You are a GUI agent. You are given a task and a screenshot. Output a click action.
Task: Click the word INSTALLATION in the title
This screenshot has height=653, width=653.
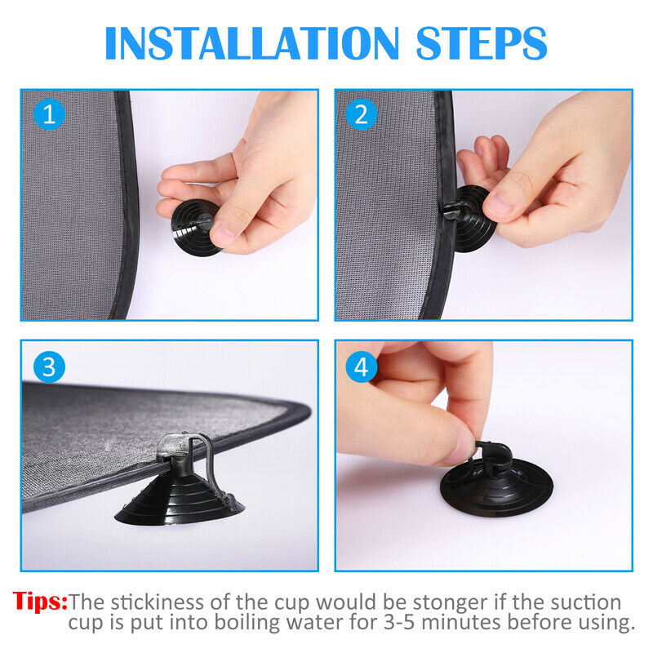pyautogui.click(x=252, y=43)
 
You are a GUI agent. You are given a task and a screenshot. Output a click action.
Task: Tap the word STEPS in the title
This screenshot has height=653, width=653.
pyautogui.click(x=482, y=43)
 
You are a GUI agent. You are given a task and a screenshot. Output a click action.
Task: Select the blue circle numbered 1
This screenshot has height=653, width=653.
pyautogui.click(x=49, y=114)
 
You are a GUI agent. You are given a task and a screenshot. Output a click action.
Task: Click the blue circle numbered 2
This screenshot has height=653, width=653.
pyautogui.click(x=362, y=114)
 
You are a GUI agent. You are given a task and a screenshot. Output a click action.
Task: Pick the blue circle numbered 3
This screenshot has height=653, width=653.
pyautogui.click(x=49, y=366)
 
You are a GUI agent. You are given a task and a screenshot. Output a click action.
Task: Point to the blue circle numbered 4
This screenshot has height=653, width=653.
pyautogui.click(x=362, y=366)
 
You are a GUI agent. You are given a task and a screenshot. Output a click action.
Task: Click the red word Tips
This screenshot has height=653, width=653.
pyautogui.click(x=40, y=601)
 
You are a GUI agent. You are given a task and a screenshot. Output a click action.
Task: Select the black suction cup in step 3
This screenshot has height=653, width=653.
pyautogui.click(x=179, y=500)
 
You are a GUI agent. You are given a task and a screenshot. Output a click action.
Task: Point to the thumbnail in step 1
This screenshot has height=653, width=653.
pyautogui.click(x=223, y=236)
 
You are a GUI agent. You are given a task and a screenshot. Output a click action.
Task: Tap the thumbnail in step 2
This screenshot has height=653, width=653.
pyautogui.click(x=498, y=206)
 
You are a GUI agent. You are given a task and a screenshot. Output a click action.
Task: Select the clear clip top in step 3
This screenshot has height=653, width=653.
pyautogui.click(x=173, y=445)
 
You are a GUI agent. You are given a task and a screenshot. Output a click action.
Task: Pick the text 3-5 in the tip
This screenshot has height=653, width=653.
pyautogui.click(x=400, y=623)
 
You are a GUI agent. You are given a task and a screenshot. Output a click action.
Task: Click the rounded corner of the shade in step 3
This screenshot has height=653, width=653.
pyautogui.click(x=302, y=411)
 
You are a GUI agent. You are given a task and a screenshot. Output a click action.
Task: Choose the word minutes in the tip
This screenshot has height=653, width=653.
pyautogui.click(x=461, y=623)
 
